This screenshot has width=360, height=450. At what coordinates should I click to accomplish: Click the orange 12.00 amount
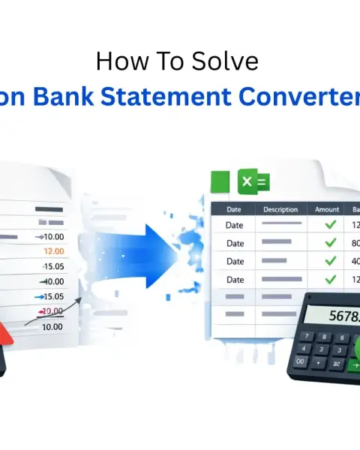pos(53,251)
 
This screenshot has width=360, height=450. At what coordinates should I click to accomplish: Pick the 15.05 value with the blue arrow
pos(52,297)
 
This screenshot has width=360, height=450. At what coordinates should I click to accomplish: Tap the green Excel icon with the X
pos(253,181)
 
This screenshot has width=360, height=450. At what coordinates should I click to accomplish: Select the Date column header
pos(234,210)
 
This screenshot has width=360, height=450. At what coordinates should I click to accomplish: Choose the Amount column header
pos(327,210)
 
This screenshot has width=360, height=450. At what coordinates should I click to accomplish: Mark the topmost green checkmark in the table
pos(328,224)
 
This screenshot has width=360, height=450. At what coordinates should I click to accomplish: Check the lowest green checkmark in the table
pos(328,279)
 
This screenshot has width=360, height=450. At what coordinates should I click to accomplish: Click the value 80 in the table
pos(354,243)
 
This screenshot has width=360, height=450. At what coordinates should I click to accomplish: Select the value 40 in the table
pos(354,261)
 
